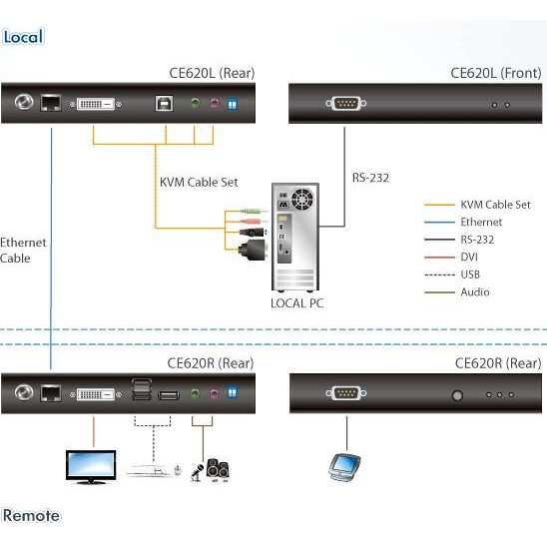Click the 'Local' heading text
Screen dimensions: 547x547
23,37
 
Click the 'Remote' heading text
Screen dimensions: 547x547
31,516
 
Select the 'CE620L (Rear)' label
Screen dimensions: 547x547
212,73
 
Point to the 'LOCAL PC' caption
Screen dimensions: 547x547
296,303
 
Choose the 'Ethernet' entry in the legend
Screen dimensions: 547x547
481,222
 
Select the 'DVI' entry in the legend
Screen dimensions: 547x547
470,258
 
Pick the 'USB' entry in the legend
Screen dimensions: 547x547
471,274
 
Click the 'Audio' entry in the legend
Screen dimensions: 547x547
474,292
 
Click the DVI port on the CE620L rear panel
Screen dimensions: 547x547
100,103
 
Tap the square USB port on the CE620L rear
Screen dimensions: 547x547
163,103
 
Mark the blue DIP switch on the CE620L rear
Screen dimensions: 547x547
234,103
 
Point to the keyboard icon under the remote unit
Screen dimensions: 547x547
151,468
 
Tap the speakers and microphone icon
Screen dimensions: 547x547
211,468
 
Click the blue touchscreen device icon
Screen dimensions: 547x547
343,466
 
